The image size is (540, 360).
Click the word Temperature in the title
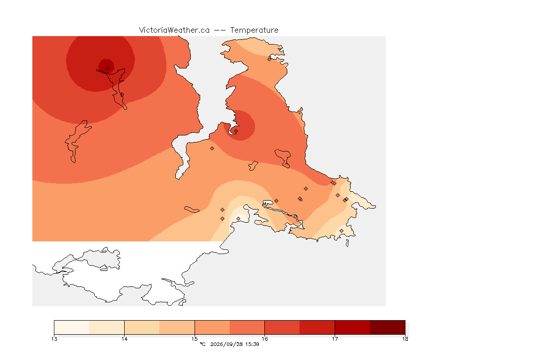click(254, 30)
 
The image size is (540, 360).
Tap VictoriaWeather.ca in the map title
click(174, 30)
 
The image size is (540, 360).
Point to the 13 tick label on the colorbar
click(54, 339)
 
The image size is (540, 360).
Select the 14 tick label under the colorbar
click(124, 339)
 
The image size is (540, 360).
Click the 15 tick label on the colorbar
click(195, 339)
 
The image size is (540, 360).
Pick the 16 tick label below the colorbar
click(264, 339)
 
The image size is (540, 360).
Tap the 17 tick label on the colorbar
click(335, 339)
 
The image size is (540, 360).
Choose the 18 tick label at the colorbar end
click(405, 339)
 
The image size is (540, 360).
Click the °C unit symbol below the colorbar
click(202, 344)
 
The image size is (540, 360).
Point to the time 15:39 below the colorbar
click(252, 344)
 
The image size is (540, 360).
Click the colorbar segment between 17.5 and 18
click(388, 327)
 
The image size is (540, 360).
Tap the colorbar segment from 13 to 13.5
click(72, 327)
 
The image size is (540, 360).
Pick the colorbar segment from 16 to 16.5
click(282, 327)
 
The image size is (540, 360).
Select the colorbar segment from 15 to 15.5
click(212, 327)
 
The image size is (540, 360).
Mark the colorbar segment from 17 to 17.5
click(352, 327)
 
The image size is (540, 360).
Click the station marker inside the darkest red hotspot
click(108, 69)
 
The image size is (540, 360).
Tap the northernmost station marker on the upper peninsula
click(270, 59)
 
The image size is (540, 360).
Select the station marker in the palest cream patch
click(238, 219)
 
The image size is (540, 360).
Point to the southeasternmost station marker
click(341, 231)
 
